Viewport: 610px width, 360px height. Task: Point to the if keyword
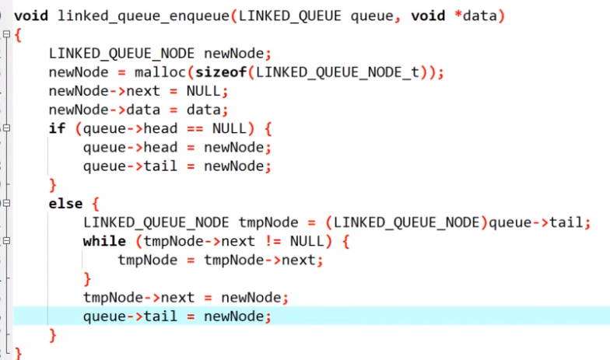pos(57,128)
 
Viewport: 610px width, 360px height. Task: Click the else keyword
pos(65,204)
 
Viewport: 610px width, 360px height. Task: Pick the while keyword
pos(104,241)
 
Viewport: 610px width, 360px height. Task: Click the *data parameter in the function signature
pos(479,16)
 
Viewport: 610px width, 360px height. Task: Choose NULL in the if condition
pos(226,128)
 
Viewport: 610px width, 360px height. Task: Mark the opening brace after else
pos(96,204)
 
